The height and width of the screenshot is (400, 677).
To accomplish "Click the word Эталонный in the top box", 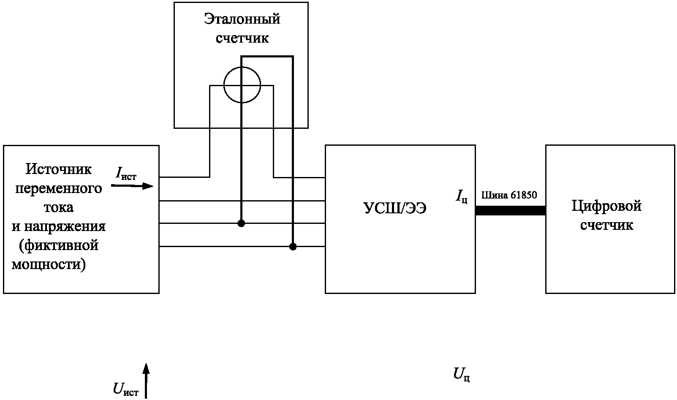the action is coord(242,19).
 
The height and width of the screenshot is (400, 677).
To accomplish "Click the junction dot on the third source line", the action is coord(241,223).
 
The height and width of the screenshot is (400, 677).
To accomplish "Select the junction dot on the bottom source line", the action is coord(293,247).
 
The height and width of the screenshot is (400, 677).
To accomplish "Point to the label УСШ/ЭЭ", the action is coord(395,208).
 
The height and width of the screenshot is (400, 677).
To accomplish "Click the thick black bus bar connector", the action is coord(511,210).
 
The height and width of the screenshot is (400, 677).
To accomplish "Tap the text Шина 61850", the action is coord(509,195).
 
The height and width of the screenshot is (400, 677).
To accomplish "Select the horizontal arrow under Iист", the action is coord(132,185).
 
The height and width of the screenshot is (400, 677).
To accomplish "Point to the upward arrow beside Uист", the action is coord(146,381).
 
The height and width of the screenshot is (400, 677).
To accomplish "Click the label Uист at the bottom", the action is coord(126,389).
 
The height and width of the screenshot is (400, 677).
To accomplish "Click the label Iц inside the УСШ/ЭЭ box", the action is coord(462,196).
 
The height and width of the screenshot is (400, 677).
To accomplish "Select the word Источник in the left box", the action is coord(58,169).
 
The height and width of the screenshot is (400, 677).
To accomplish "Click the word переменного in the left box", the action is coord(59,189).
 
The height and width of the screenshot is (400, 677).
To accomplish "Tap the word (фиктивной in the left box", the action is coord(59,245).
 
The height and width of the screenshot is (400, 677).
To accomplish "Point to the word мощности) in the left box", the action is coord(49,264).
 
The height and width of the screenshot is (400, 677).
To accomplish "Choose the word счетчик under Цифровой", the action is coord(606,226).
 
